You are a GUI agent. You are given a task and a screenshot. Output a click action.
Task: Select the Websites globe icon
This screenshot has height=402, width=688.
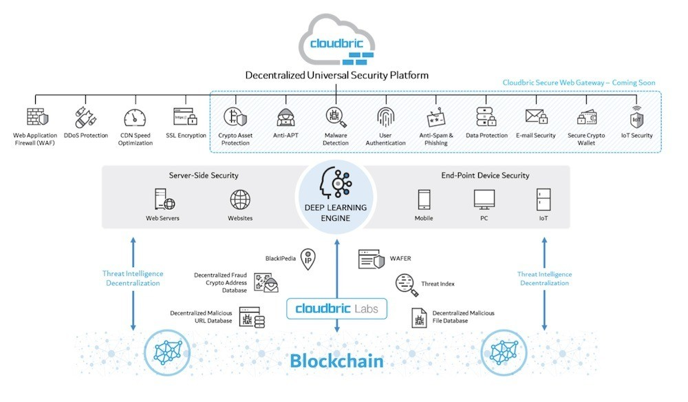click(x=240, y=200)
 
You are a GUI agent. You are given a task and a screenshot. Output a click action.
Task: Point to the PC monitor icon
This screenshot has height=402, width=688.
click(x=484, y=200)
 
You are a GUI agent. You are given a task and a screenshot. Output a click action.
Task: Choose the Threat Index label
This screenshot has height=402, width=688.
click(x=438, y=284)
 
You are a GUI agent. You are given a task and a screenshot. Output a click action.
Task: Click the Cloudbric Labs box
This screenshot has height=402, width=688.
click(x=336, y=308)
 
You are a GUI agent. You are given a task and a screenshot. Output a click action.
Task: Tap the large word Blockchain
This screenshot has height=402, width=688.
click(x=336, y=360)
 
